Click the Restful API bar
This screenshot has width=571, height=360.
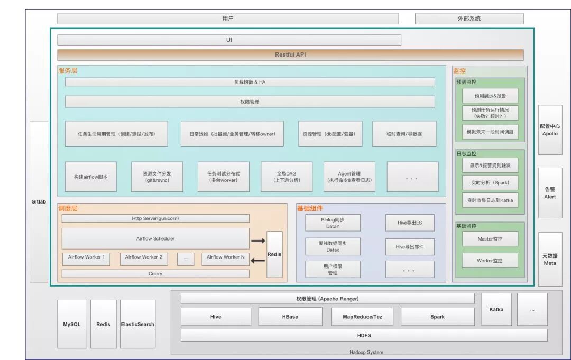290,54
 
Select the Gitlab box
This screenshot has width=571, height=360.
39,201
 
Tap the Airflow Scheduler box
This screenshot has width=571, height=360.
155,238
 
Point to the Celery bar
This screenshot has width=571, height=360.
155,274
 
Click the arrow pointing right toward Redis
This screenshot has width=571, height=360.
258,241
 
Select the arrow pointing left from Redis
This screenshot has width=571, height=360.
258,260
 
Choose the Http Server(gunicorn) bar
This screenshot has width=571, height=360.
155,218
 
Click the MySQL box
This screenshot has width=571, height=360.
72,324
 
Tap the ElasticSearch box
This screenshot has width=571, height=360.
137,324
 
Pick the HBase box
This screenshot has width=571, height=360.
290,317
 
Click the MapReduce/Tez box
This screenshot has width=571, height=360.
364,317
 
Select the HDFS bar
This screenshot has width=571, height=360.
364,335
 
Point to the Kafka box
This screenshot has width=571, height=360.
496,309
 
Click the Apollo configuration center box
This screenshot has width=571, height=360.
550,130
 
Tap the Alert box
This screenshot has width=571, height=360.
550,193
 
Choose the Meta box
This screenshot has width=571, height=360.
550,259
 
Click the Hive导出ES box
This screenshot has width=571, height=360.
410,223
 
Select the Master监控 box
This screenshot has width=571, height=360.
490,239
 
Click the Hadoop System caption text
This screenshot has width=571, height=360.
366,352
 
